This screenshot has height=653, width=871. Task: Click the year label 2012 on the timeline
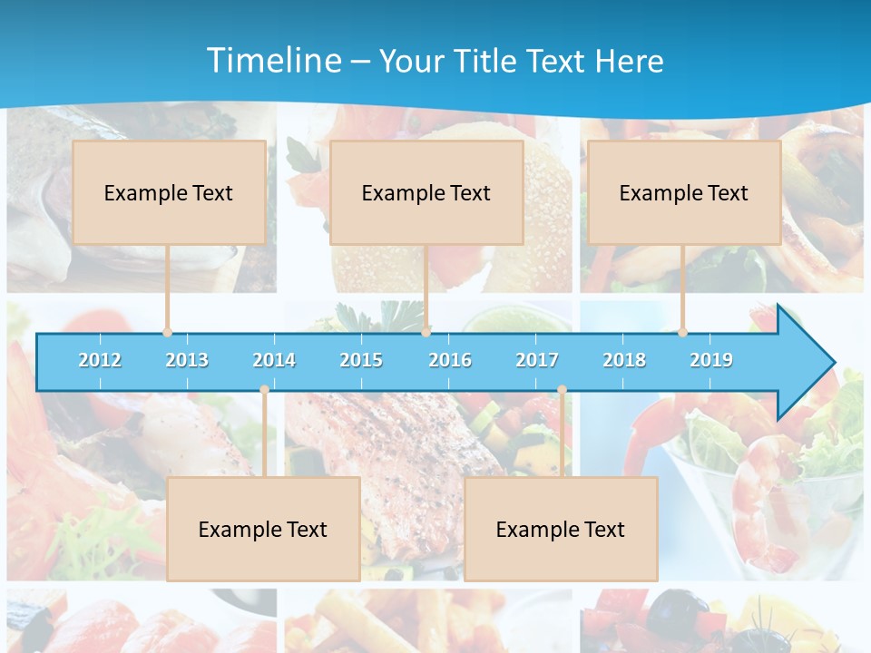coord(100,360)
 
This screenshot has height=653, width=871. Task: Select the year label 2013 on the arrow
coord(187,360)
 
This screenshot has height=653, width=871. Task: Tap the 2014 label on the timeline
coord(274,360)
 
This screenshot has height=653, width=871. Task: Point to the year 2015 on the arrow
coord(361,360)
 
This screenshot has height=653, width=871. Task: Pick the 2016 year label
coord(450,360)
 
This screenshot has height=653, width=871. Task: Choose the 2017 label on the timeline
coord(537,360)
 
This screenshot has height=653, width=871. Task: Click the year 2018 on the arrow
coord(624,360)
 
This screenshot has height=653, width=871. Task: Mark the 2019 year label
coord(711,360)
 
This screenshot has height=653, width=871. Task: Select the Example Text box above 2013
coord(169,192)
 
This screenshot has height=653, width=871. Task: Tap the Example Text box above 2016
coord(426,192)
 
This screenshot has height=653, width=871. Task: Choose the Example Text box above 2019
coord(684,192)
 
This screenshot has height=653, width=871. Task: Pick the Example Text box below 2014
coord(263,529)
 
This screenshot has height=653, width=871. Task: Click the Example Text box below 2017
coord(561,529)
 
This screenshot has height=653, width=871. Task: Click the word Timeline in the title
coord(272,61)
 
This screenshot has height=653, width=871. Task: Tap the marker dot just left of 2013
coord(167,332)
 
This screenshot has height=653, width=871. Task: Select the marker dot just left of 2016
coord(425,332)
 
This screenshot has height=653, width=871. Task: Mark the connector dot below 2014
coord(264,390)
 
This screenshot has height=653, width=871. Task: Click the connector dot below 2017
coord(562,390)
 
